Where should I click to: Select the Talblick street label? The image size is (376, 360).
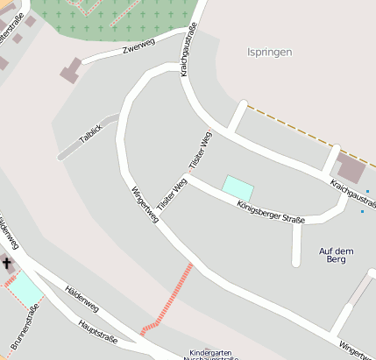click(90, 134)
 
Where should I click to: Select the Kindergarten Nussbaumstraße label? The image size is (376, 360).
click(214, 355)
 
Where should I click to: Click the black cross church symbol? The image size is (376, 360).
click(7, 263)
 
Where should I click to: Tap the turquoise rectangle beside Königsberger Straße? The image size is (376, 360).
click(238, 187)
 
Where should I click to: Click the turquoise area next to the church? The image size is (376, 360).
click(24, 286)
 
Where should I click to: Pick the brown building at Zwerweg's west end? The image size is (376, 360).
click(70, 70)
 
